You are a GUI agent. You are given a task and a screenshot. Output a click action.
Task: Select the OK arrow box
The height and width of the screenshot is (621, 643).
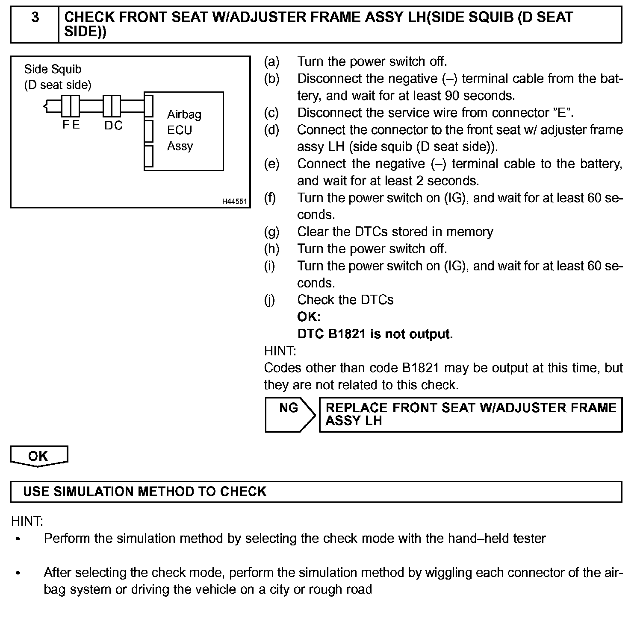38,456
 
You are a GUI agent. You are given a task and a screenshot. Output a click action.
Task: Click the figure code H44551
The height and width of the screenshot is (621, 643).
234,201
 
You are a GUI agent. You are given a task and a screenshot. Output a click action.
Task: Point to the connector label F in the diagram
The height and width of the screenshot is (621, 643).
66,125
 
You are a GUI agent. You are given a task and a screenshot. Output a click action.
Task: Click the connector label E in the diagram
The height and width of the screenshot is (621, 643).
76,125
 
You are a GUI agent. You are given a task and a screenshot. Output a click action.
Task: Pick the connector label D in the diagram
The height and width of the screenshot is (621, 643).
109,126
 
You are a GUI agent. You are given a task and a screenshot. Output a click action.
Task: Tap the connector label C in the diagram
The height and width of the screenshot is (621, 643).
118,126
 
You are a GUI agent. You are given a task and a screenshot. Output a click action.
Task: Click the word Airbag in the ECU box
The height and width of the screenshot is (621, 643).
184,114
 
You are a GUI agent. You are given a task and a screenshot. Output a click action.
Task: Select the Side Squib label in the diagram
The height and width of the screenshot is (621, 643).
53,69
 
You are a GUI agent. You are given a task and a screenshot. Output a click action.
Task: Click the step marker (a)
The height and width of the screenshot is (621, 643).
271,62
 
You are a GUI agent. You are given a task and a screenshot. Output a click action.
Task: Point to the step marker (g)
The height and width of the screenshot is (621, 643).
271,232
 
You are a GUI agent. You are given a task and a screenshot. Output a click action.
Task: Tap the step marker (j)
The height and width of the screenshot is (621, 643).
270,300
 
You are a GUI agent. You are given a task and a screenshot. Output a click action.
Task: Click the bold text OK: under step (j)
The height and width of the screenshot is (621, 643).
309,317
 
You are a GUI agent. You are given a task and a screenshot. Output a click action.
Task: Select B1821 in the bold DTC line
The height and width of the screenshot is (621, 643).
348,334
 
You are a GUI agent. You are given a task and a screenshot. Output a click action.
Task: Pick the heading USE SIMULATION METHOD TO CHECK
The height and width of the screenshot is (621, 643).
145,492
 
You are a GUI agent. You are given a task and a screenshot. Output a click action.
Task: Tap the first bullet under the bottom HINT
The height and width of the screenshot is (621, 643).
18,539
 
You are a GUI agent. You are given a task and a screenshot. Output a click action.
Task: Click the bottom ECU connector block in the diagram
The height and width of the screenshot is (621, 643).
148,156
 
